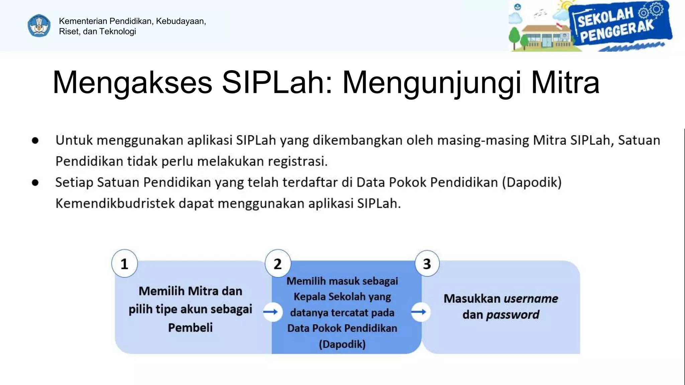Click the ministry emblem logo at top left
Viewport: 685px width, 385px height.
click(39, 26)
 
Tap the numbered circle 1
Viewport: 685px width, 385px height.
click(124, 264)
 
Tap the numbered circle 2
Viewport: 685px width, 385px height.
click(278, 264)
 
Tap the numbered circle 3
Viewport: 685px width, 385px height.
click(427, 264)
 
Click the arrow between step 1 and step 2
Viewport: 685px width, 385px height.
click(272, 312)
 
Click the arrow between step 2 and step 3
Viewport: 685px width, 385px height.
click(419, 312)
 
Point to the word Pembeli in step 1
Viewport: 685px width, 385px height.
click(190, 328)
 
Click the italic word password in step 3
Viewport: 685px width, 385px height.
click(512, 315)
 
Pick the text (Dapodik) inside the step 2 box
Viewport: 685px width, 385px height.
click(342, 344)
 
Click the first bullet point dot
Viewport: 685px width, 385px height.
click(35, 141)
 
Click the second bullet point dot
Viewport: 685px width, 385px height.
click(35, 183)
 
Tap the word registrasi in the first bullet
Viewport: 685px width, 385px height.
click(297, 161)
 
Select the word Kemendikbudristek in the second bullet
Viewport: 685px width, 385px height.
click(115, 204)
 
